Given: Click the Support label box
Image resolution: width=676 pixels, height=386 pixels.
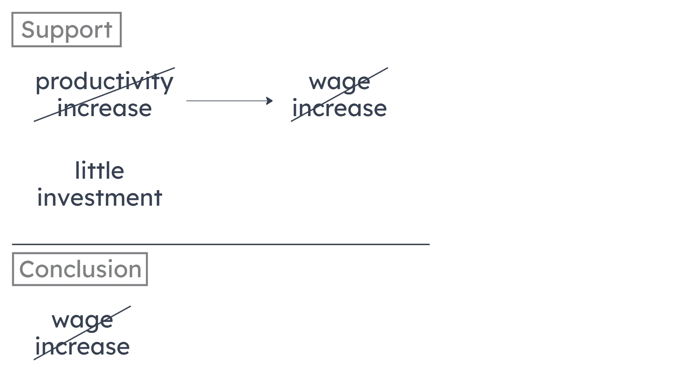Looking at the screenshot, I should (x=66, y=30).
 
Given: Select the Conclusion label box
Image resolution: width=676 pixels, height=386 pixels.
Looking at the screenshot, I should (x=80, y=269).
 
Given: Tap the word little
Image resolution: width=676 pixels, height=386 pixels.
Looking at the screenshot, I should (x=100, y=171).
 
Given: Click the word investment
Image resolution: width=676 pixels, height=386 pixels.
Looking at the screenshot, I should (x=100, y=197).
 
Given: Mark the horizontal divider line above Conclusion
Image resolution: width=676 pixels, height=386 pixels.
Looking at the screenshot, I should (x=221, y=245).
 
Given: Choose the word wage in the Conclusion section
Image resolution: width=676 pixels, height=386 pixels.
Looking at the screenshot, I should (x=82, y=320).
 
